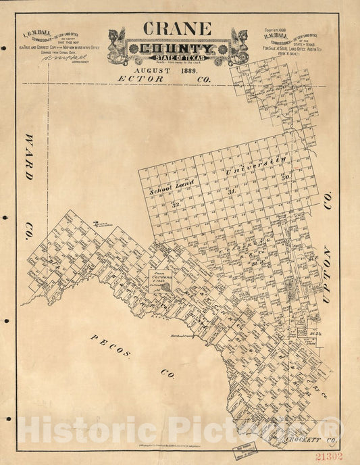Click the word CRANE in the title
176,29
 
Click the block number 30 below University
286,178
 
